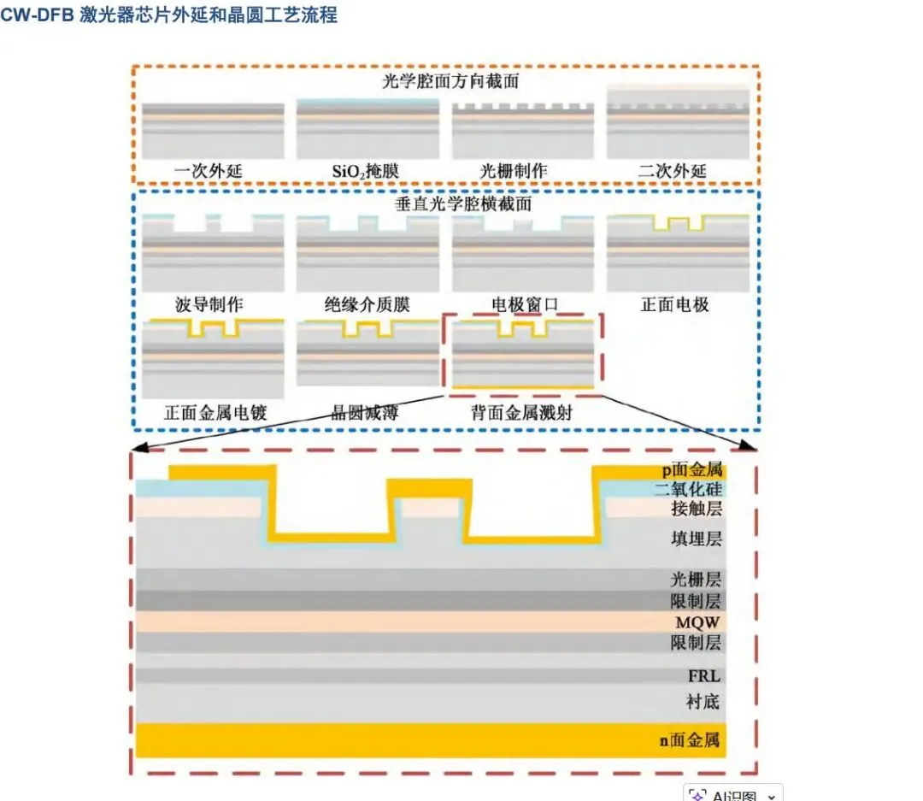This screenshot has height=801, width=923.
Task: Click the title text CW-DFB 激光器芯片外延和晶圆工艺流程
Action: click(x=168, y=15)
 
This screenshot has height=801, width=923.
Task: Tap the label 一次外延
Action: click(x=208, y=171)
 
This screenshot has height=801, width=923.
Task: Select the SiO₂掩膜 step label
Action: click(x=365, y=171)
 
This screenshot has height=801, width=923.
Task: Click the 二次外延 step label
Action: click(x=673, y=171)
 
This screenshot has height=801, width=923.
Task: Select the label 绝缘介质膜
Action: click(x=367, y=304)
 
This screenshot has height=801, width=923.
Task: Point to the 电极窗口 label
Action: click(x=524, y=304)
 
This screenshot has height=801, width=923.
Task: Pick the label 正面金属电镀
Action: click(x=215, y=413)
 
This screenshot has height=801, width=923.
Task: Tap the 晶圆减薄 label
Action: click(x=365, y=413)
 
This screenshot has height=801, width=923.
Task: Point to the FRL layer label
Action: click(x=704, y=676)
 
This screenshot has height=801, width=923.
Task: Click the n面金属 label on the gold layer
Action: click(x=691, y=740)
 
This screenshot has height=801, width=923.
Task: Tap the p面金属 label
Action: click(x=691, y=469)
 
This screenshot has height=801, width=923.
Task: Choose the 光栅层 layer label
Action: click(x=696, y=580)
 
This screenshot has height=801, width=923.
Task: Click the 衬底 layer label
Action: click(x=703, y=702)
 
